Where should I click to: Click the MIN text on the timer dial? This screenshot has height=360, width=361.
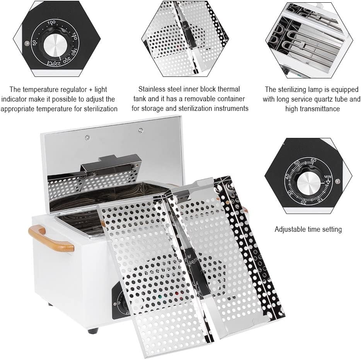[x=328, y=177]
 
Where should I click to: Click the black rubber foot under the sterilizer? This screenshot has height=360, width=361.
[x=93, y=331]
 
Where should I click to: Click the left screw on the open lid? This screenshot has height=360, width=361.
[x=88, y=137]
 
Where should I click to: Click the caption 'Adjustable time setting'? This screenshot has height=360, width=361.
[x=308, y=229]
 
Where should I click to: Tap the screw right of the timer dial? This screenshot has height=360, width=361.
[x=337, y=181]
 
